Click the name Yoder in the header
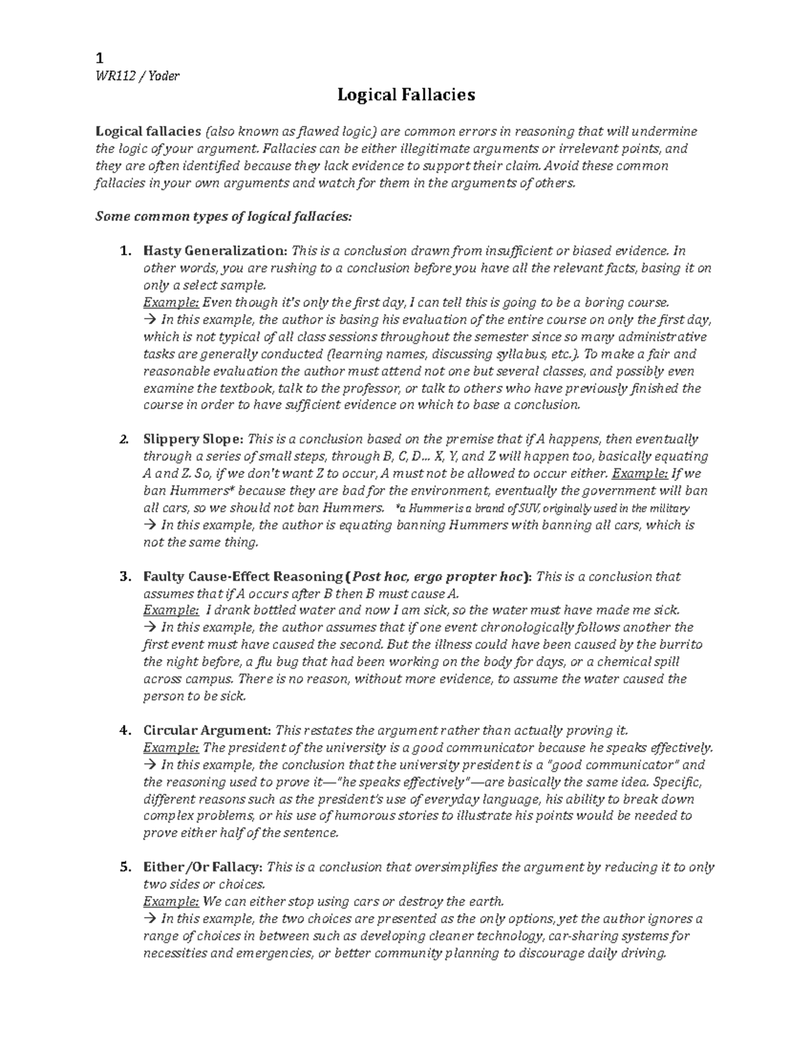tap(164, 76)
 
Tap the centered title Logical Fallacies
tap(406, 95)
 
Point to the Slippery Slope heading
tap(195, 439)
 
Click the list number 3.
tap(124, 577)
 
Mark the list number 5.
tap(124, 868)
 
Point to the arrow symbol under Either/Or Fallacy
tap(149, 919)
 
